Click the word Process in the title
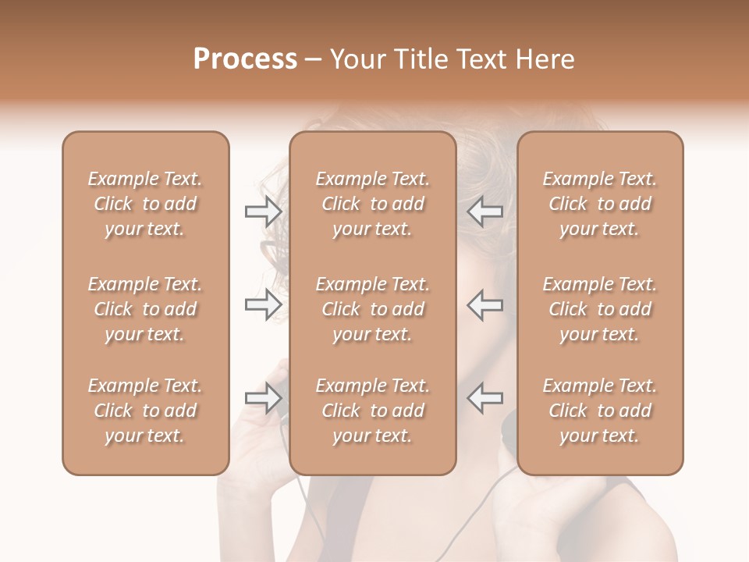[245, 59]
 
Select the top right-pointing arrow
[263, 212]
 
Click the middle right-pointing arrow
[263, 305]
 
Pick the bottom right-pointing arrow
[263, 399]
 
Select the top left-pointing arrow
[485, 212]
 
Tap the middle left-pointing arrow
[485, 305]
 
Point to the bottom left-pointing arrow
[485, 399]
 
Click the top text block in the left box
[145, 204]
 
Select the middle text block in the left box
[145, 309]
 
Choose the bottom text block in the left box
[145, 411]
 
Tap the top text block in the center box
[372, 204]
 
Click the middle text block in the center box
[372, 309]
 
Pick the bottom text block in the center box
[372, 411]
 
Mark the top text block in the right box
[599, 204]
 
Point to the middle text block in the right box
[599, 309]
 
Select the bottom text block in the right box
[599, 411]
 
